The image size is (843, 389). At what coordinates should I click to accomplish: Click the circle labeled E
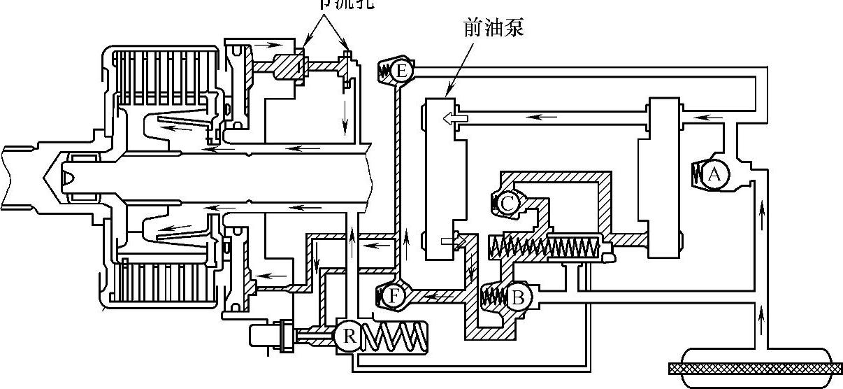click(401, 71)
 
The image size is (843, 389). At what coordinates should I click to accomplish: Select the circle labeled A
click(713, 174)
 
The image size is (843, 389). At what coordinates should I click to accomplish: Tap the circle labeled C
click(508, 203)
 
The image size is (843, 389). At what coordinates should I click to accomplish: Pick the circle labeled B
click(518, 297)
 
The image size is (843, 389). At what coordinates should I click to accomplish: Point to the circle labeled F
click(394, 296)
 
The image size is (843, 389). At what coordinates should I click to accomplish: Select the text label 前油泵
click(493, 27)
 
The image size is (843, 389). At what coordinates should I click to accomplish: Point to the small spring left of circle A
click(698, 174)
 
